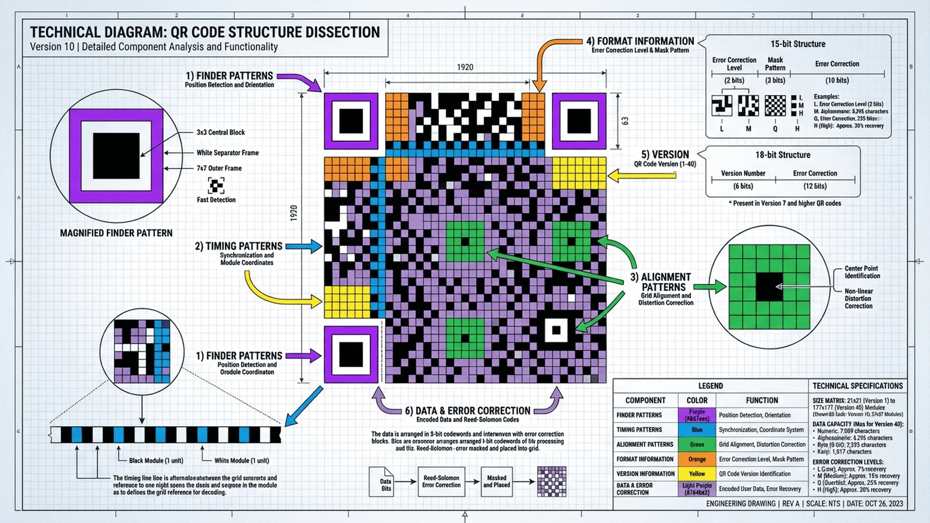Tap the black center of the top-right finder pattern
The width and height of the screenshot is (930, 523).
[x=579, y=121]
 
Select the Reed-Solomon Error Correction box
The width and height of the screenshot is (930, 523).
[x=441, y=481]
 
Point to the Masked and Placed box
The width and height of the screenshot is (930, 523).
[x=496, y=481]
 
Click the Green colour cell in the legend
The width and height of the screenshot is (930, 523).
[x=697, y=445]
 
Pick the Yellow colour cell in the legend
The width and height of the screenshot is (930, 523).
[x=697, y=474]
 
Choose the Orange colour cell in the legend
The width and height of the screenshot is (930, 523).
[x=697, y=459]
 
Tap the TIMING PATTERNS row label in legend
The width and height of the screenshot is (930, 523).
[x=639, y=430]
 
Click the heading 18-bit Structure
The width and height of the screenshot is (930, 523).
[x=783, y=155]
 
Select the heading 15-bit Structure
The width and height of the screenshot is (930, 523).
[x=798, y=44]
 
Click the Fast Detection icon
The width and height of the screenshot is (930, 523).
[x=216, y=185]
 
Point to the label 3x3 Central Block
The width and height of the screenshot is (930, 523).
[x=220, y=132]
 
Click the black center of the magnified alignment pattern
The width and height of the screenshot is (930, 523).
[x=769, y=287]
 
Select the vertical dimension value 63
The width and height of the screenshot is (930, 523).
[x=625, y=121]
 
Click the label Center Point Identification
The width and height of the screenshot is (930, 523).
[x=862, y=272]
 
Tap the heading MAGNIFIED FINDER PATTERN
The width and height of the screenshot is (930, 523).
[x=116, y=233]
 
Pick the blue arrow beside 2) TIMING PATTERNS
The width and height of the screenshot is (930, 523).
[x=304, y=246]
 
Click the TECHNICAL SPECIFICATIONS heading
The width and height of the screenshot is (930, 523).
[x=857, y=386]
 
